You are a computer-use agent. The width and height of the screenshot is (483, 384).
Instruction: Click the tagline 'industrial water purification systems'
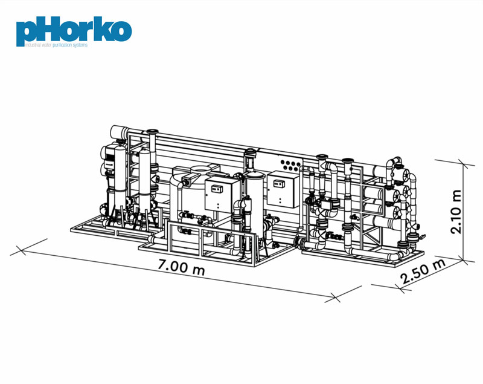57,45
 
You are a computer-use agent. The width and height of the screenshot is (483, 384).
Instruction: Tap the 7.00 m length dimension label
181,267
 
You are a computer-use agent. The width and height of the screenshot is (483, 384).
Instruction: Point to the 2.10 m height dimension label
456,212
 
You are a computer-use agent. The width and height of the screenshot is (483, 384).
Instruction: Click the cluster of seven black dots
290,165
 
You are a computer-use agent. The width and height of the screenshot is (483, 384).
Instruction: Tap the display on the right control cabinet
279,184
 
